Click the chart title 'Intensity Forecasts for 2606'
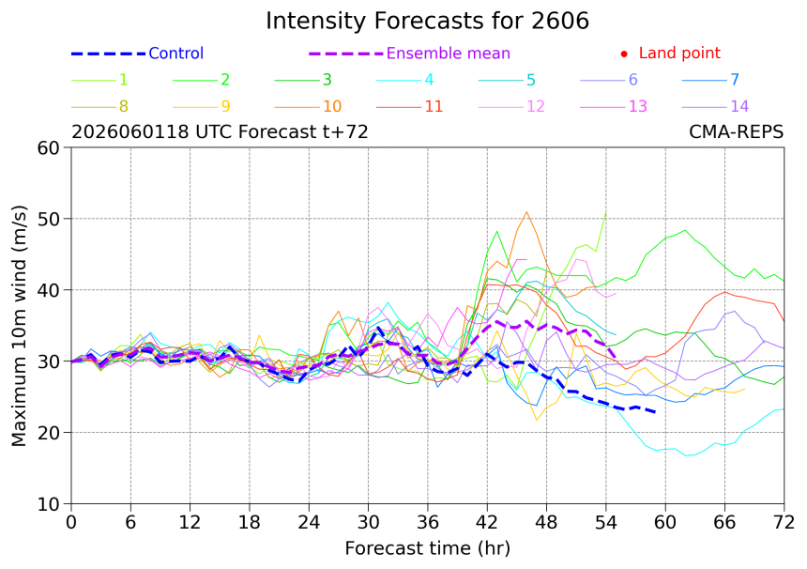(x=427, y=21)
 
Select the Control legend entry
(x=137, y=53)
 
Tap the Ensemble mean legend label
(x=449, y=53)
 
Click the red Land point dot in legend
(x=624, y=54)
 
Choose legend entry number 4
(x=405, y=80)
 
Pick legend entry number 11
(x=410, y=107)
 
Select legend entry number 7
(x=710, y=80)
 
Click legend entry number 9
(x=201, y=107)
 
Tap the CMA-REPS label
(x=736, y=131)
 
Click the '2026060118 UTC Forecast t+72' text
(x=220, y=131)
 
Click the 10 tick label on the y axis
(x=49, y=504)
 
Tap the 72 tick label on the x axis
(x=784, y=522)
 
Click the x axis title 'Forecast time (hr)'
(x=427, y=548)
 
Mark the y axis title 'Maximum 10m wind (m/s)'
(x=19, y=326)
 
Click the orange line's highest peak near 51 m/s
(x=526, y=211)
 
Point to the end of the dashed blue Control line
(x=655, y=412)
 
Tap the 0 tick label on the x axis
(x=71, y=522)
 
